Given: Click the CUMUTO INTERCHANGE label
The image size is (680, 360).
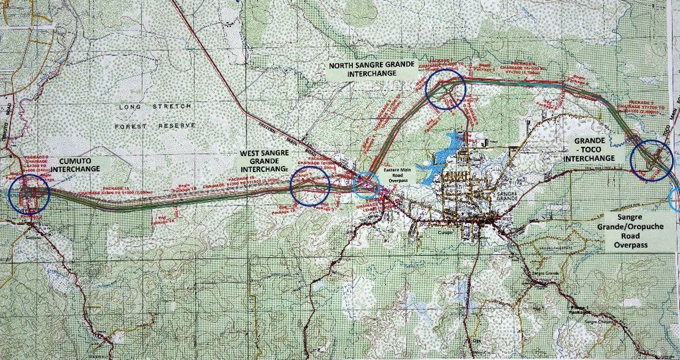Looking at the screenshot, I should [x=75, y=164].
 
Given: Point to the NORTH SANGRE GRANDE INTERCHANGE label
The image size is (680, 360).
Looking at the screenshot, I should [x=372, y=70].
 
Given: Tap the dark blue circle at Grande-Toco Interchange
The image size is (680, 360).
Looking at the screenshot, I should [x=651, y=160].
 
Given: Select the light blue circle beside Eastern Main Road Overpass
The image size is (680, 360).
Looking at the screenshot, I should [x=367, y=185].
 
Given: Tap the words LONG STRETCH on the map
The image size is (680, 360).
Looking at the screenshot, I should [x=155, y=106].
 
